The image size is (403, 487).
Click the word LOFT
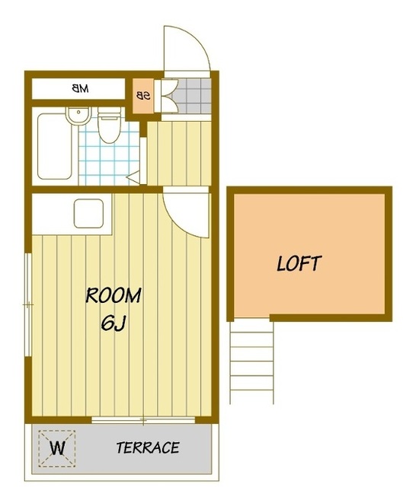tap(299, 264)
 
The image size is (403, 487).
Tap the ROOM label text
tap(114, 295)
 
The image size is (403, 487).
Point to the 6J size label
tap(113, 323)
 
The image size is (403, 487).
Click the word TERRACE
tap(148, 447)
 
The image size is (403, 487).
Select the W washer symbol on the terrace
tap(57, 448)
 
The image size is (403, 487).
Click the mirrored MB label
tap(80, 88)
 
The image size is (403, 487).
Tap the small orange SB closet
tap(143, 97)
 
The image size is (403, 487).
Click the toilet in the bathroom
tap(109, 125)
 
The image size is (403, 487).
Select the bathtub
tap(55, 146)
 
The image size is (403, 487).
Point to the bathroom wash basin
tap(78, 116)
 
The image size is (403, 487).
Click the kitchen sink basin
tap(88, 213)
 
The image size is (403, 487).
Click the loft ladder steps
tap(251, 362)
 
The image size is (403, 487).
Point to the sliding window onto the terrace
tap(143, 420)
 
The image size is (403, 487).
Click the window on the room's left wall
tap(28, 305)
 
